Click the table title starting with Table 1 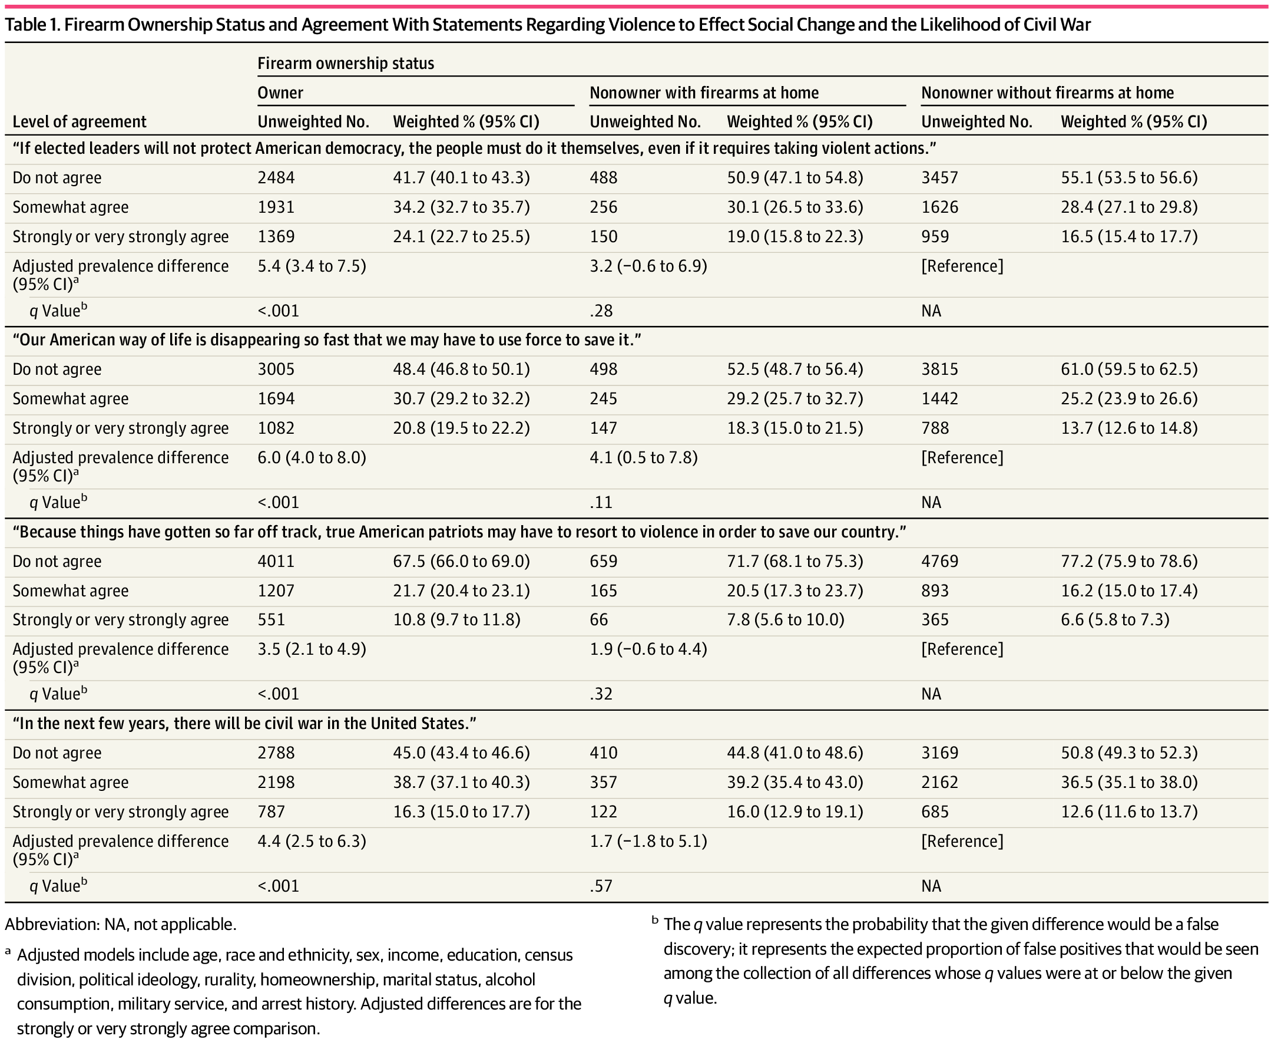click(548, 25)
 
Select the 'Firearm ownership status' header click(346, 64)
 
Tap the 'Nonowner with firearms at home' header click(704, 93)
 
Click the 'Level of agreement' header click(80, 122)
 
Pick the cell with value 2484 click(276, 178)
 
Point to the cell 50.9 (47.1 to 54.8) click(795, 178)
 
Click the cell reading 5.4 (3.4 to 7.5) click(312, 266)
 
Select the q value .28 click(601, 311)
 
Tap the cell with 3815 click(939, 370)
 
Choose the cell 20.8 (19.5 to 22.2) click(461, 428)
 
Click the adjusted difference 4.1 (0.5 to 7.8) click(644, 458)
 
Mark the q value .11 click(601, 502)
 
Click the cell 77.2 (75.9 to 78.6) click(1129, 562)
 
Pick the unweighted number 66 click(599, 620)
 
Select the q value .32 click(601, 694)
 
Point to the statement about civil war click(244, 724)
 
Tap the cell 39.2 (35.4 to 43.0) click(795, 782)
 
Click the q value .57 click(601, 886)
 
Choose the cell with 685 click(935, 812)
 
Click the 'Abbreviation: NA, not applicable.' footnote click(121, 925)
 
